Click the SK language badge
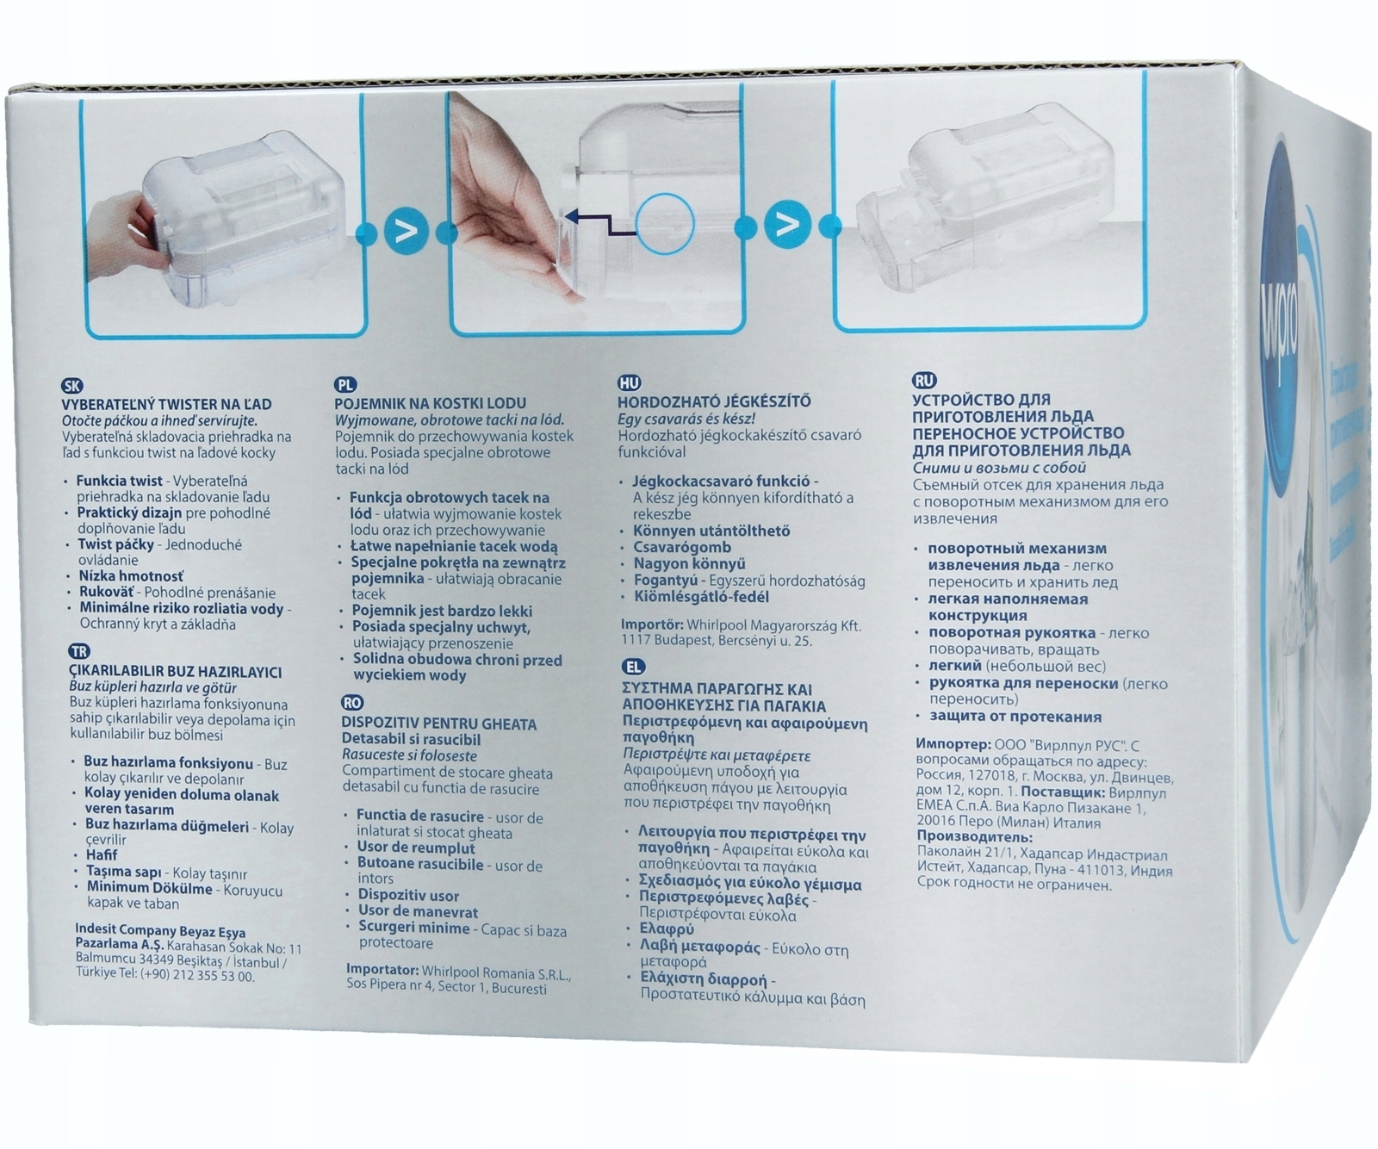tap(72, 387)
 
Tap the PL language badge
tap(345, 385)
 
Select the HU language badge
tap(629, 383)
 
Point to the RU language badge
tap(924, 381)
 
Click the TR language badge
tap(78, 652)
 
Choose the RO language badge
tap(352, 703)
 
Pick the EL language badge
tap(633, 667)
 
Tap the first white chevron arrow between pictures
tap(406, 231)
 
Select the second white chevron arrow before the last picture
tap(787, 226)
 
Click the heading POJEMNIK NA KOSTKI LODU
tap(430, 403)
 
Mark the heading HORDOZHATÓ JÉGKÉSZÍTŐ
tap(714, 401)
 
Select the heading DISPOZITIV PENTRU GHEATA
tap(438, 724)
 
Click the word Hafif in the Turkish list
tap(101, 855)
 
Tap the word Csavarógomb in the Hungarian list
tap(681, 547)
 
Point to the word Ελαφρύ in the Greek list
tap(666, 929)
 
